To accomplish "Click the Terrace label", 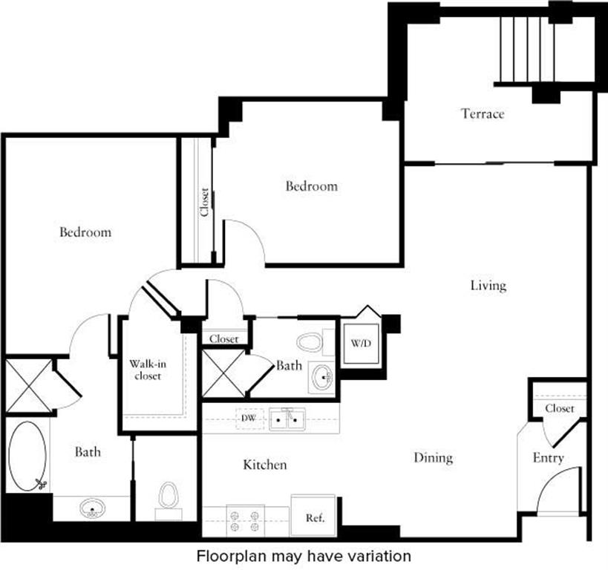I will (483, 114).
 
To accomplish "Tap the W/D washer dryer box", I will (361, 344).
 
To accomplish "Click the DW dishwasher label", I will (248, 419).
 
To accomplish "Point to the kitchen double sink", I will (286, 419).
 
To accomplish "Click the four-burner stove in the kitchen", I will (245, 519).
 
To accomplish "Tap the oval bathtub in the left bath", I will (28, 456).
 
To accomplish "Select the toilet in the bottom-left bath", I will (169, 498).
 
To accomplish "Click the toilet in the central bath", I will (309, 343).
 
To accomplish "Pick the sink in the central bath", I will (321, 377).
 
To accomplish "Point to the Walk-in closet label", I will (146, 370).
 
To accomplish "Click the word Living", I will (488, 285).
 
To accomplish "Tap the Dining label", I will (433, 457).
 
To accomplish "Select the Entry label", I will (548, 458).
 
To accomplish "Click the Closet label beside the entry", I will (559, 408).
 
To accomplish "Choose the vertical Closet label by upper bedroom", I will (204, 201).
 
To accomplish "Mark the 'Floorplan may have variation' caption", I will (304, 555).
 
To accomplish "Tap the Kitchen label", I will (265, 465).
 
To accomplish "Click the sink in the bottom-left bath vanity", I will (92, 509).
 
